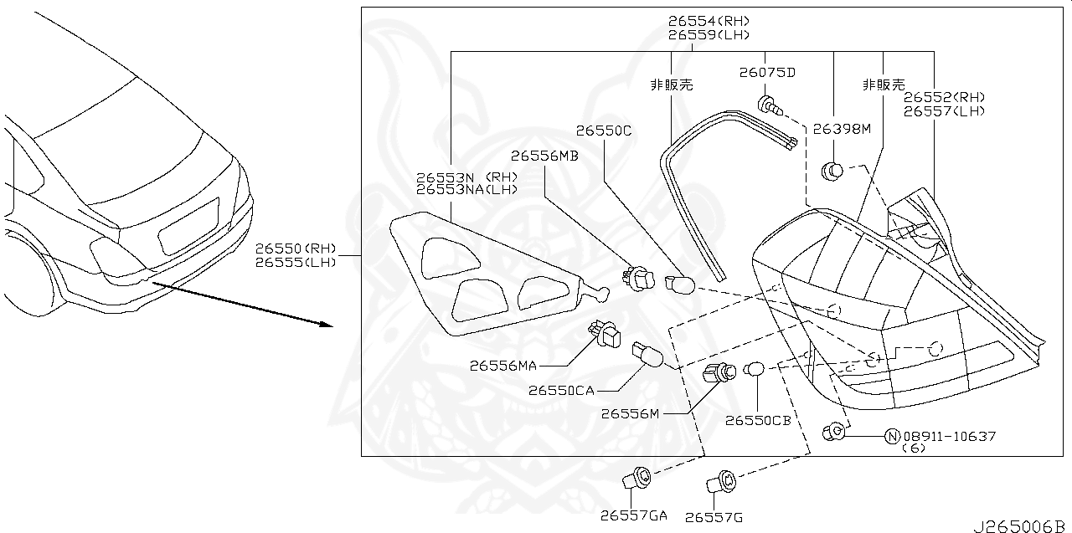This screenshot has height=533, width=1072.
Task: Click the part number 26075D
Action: point(766,72)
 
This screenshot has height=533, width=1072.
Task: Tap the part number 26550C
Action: point(603,131)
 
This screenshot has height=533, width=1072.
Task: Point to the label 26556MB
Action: point(544,156)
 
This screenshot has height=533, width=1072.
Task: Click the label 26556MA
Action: point(503,365)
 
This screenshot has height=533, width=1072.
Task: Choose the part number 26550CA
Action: point(561,390)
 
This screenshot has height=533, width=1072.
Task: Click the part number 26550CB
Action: point(758,420)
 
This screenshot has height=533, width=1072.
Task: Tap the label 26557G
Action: point(714,517)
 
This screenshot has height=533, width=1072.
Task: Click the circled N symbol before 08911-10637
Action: point(892,436)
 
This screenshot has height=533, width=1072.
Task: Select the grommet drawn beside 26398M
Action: point(831,172)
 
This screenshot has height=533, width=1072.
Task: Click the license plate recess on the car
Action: point(189,225)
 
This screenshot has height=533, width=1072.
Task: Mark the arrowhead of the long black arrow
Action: point(327,325)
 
